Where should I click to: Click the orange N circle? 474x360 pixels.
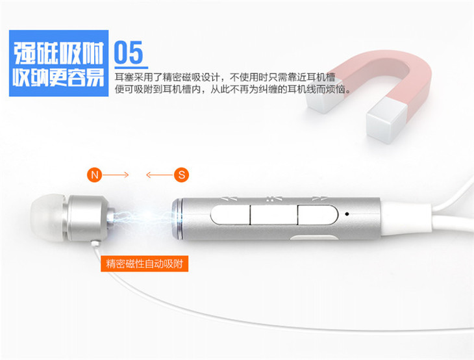(x=95, y=175)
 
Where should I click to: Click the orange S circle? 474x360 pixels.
(x=181, y=175)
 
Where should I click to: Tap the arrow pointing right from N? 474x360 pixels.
(x=116, y=175)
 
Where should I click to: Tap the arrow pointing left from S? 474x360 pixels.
(x=160, y=175)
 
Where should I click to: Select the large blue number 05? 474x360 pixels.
(x=129, y=53)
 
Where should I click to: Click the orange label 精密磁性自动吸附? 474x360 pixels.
(x=145, y=264)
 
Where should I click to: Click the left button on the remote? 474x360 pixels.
(x=231, y=215)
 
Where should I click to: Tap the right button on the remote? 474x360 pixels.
(x=318, y=215)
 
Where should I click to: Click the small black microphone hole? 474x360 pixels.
(x=347, y=214)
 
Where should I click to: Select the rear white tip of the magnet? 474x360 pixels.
(x=324, y=96)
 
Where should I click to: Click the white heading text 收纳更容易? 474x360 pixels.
(x=58, y=77)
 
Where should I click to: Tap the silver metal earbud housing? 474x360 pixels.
(x=88, y=218)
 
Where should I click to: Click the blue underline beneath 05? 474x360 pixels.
(x=131, y=68)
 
